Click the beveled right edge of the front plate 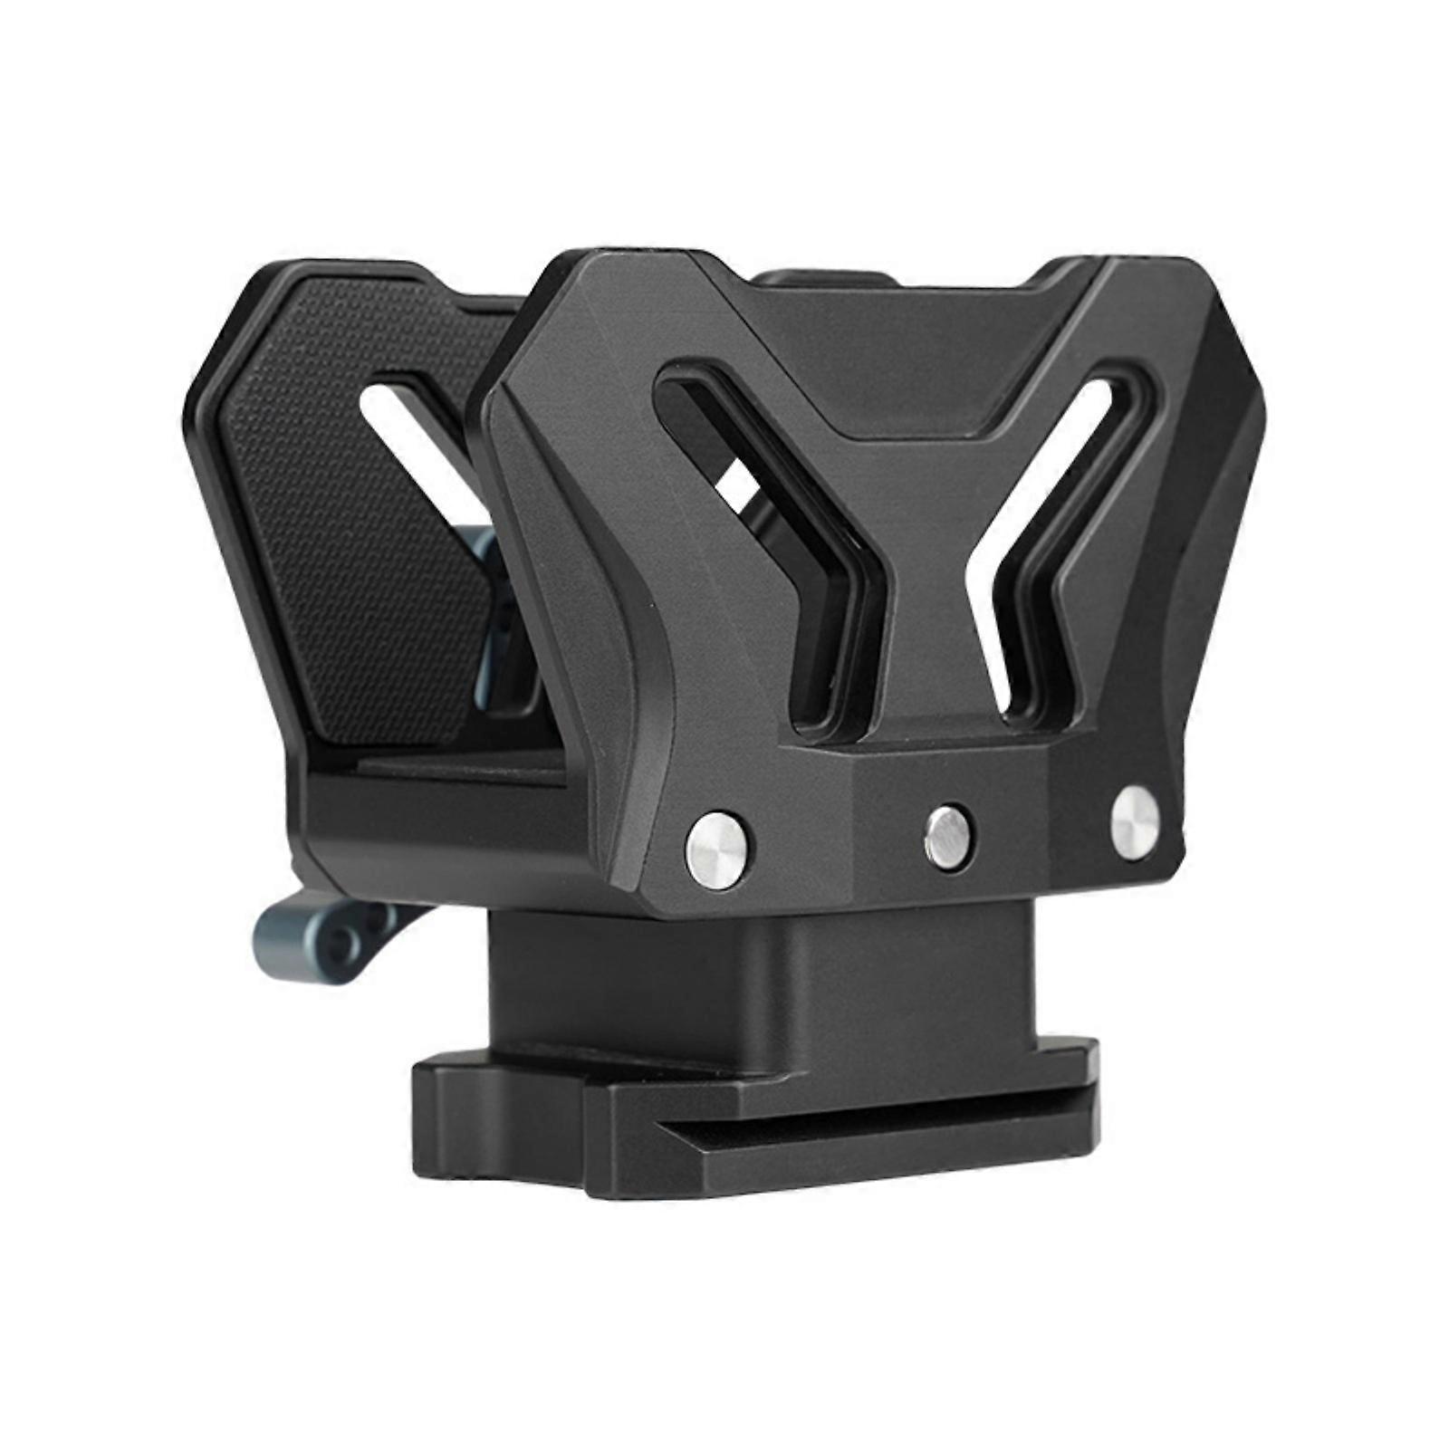(x=1204, y=543)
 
